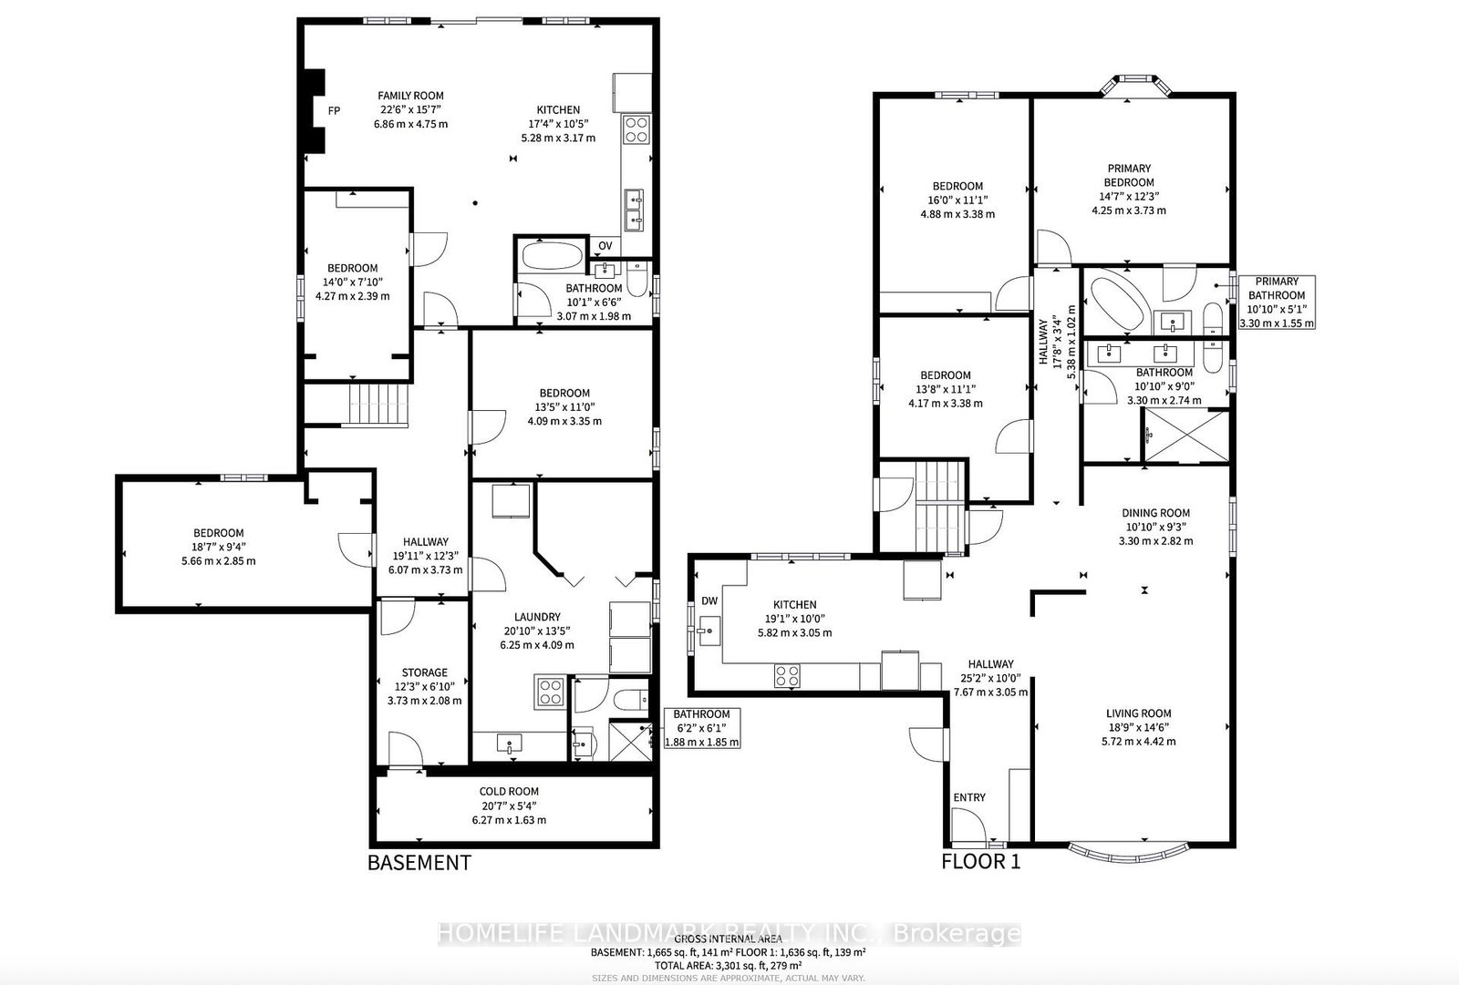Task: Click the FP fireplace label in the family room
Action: (x=334, y=110)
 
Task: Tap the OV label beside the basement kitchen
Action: (x=605, y=245)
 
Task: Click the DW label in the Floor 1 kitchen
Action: (x=709, y=600)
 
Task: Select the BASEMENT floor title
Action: (x=419, y=862)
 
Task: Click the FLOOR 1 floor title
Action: (x=980, y=861)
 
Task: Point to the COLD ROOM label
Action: (x=509, y=792)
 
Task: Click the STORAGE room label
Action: (x=424, y=672)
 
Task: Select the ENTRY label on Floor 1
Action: (x=969, y=797)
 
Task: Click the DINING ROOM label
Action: (x=1155, y=513)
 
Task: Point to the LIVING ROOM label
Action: (x=1138, y=713)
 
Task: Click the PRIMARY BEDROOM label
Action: (x=1129, y=175)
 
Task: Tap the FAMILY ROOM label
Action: (x=410, y=96)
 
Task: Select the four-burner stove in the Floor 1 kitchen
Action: (x=787, y=675)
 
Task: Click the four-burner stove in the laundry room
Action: (x=550, y=693)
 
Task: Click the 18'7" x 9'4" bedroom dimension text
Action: (x=218, y=547)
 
